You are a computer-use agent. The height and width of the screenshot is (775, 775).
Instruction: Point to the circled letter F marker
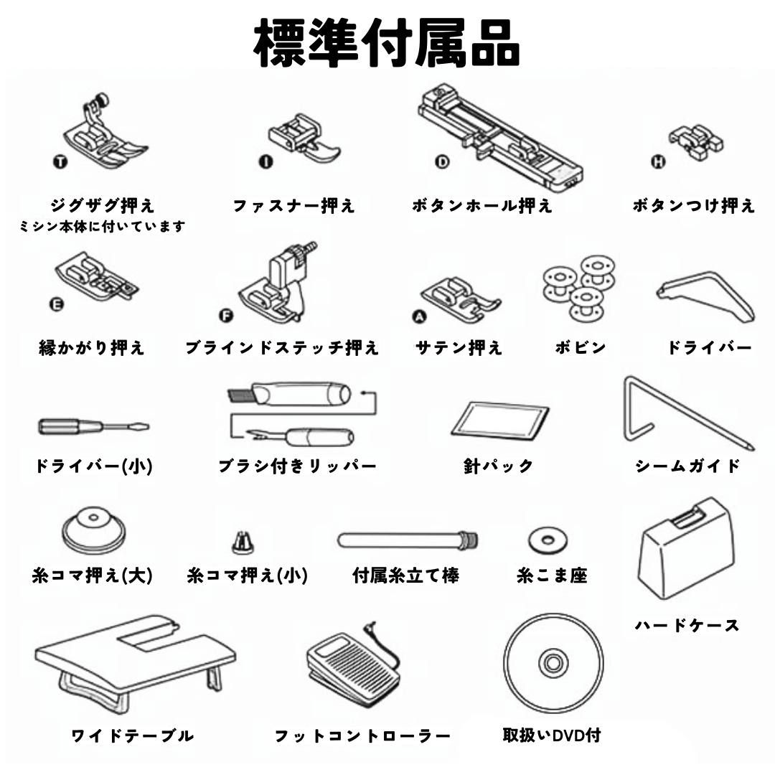point(225,317)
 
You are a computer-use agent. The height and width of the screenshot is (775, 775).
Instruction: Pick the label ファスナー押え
point(293,207)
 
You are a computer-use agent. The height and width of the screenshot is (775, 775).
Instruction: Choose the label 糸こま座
point(552,576)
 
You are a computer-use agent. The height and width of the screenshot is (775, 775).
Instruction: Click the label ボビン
point(581,348)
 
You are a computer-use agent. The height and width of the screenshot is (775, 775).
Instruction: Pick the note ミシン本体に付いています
point(102,227)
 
